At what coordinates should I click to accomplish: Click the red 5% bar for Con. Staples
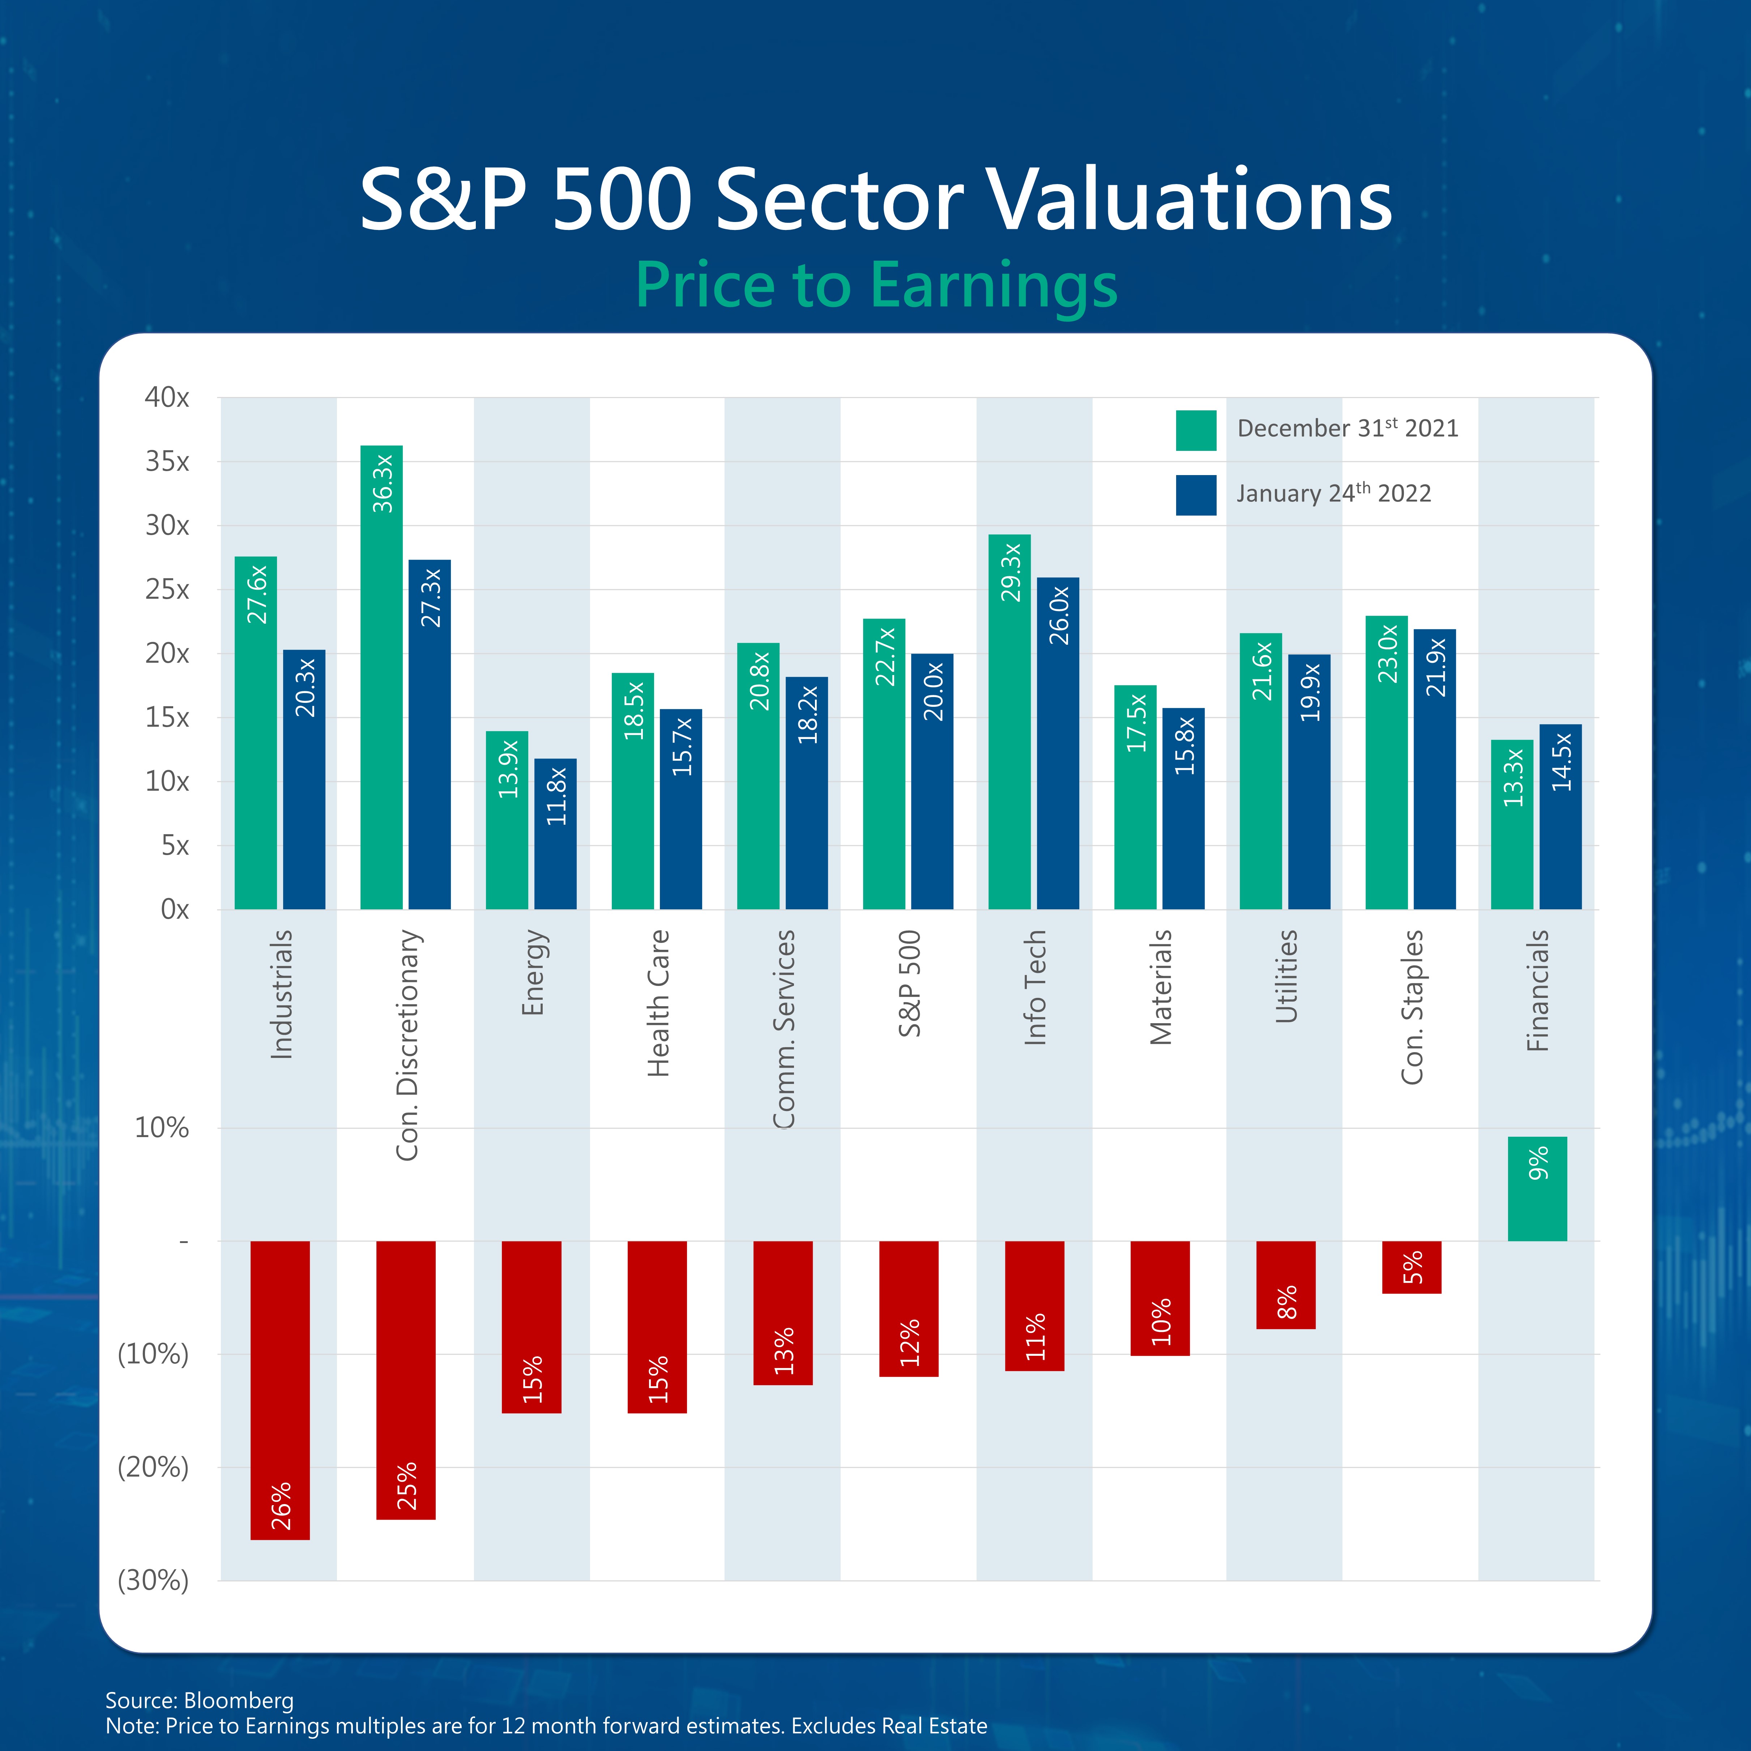click(x=1411, y=1267)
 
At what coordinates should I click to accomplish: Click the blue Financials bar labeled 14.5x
click(x=1560, y=816)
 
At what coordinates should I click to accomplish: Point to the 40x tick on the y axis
click(x=168, y=398)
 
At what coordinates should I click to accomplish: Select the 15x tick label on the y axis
click(x=168, y=718)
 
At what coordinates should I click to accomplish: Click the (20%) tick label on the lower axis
click(x=153, y=1467)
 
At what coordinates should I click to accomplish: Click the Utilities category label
click(x=1286, y=976)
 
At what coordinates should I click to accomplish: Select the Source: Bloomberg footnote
click(x=199, y=1700)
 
